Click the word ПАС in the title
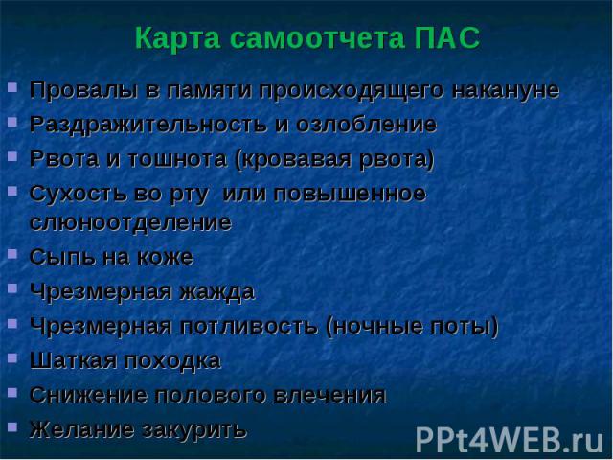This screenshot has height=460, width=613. tap(447, 38)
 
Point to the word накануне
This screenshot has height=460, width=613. tap(506, 90)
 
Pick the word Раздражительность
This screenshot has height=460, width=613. tap(148, 126)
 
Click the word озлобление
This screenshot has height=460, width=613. tap(366, 125)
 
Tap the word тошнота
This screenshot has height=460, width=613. tap(177, 159)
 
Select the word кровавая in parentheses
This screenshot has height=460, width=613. tap(294, 160)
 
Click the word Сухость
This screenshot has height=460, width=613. tap(79, 194)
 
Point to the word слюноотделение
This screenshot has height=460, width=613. tap(130, 223)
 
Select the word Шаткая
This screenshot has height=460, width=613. tap(73, 360)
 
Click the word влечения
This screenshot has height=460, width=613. tap(329, 395)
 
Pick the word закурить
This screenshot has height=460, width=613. tap(194, 430)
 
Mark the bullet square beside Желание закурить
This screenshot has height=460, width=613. tap(12, 426)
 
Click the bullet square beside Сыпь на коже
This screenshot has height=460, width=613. tap(12, 254)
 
